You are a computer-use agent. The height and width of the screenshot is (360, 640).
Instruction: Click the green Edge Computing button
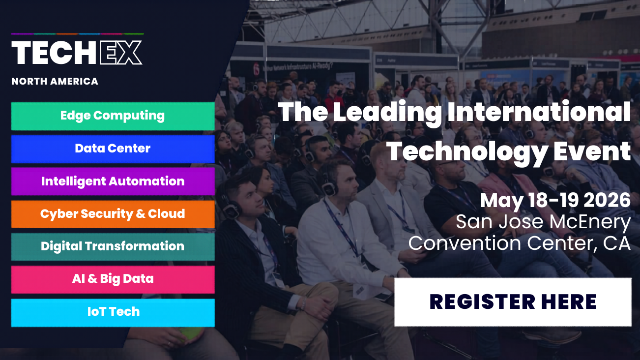pos(113,116)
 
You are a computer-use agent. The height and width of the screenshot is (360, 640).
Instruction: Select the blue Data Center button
pos(113,149)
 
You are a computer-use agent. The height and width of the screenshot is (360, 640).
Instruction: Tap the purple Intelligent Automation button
pos(113,181)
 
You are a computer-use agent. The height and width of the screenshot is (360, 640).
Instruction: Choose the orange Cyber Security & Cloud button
pos(113,214)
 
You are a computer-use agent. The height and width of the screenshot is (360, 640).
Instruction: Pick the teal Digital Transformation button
pos(113,246)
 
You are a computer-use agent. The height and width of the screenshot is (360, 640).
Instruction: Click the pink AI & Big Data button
pos(113,279)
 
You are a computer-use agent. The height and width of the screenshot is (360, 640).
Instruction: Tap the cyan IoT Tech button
pos(113,312)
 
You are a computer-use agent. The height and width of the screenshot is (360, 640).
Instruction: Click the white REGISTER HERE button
pos(513,302)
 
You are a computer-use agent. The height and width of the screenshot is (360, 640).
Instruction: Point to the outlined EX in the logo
pos(121,53)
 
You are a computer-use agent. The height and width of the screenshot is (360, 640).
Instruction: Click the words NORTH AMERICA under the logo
pos(55,82)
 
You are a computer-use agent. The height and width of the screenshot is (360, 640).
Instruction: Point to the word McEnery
pos(590,222)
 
